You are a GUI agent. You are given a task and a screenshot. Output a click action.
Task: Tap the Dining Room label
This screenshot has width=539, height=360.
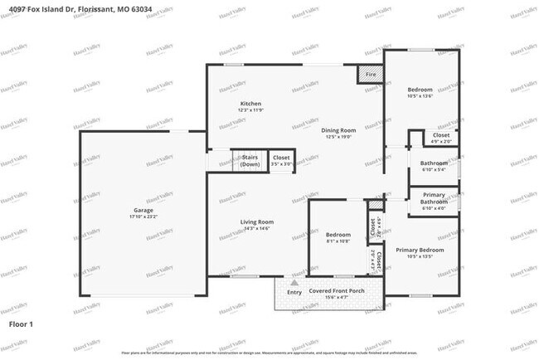338,130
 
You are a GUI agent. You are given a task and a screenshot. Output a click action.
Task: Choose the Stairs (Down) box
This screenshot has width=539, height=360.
250,159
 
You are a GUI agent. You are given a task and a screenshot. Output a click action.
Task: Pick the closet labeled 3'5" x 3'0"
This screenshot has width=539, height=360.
281,160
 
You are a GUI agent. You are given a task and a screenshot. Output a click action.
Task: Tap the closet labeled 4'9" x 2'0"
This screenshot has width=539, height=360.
440,137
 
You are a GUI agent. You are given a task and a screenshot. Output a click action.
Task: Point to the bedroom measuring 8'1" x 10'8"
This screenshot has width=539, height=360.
337,237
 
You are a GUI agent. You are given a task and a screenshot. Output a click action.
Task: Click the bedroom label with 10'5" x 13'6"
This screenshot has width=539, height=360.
420,92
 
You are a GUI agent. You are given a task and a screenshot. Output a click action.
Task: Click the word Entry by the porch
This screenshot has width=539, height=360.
294,292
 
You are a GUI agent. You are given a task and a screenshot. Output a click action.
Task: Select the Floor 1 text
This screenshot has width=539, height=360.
21,323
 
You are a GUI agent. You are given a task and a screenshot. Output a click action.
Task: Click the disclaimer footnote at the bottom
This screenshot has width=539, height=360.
269,353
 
